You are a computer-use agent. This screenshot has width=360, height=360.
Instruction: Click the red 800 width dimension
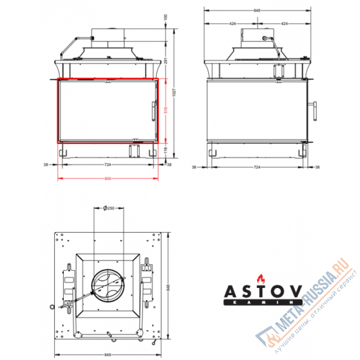point(108,178)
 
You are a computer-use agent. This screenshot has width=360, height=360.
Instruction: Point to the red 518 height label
point(166,110)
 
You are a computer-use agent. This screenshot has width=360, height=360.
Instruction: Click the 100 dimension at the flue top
point(166,17)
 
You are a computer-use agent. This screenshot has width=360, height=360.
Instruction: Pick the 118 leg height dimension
point(166,149)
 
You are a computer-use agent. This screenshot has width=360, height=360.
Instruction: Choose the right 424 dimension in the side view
point(284,23)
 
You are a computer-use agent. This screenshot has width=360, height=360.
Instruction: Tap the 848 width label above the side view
point(258,9)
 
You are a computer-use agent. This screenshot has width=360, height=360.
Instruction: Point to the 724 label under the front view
point(108,165)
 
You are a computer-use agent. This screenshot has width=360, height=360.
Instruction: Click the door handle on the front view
point(153,110)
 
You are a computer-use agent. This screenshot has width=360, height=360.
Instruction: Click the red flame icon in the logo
point(259,278)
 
